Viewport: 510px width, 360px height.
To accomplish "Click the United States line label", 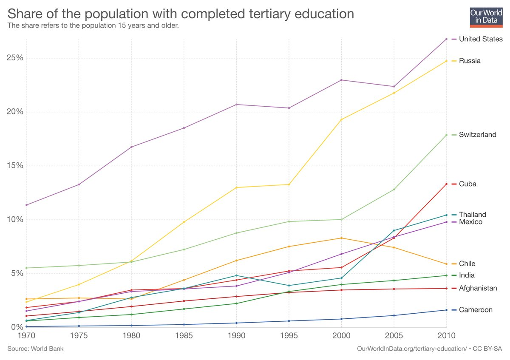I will (x=481, y=39).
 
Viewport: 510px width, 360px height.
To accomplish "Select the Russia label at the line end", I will (x=470, y=61).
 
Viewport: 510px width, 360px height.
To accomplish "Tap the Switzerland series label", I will (x=477, y=135).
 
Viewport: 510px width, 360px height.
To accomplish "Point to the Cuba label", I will (x=467, y=184).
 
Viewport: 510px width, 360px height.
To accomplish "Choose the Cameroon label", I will (x=476, y=310).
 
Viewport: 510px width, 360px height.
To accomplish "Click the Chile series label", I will (x=467, y=264).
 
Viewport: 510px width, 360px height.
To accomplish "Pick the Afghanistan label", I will (x=478, y=289).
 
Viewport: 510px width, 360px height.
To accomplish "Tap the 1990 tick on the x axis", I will (x=236, y=335).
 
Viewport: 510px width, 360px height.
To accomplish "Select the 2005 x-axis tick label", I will (x=394, y=335).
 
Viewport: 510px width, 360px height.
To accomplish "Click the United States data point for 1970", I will (x=26, y=205).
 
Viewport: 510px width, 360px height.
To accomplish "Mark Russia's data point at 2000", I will (x=341, y=119).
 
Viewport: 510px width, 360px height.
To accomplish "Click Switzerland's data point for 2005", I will (x=394, y=189).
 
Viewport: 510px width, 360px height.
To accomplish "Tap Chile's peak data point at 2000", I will (x=341, y=238).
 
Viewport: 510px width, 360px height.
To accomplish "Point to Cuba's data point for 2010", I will (x=446, y=184).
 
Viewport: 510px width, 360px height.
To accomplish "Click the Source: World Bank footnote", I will (x=35, y=349).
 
